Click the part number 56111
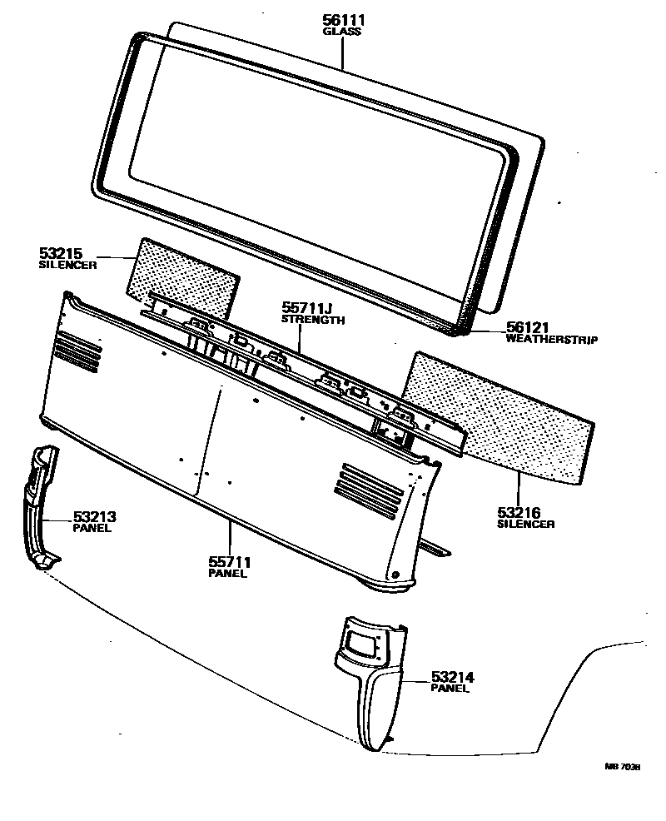pyautogui.click(x=342, y=19)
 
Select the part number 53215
pyautogui.click(x=61, y=252)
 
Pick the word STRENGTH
pyautogui.click(x=313, y=320)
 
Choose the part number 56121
pyautogui.click(x=529, y=328)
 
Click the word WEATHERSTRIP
pyautogui.click(x=550, y=340)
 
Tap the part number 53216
pyautogui.click(x=519, y=512)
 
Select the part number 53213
pyautogui.click(x=94, y=516)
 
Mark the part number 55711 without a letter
pyautogui.click(x=228, y=562)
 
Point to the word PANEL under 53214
pyautogui.click(x=450, y=689)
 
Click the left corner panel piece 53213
pyautogui.click(x=39, y=508)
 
